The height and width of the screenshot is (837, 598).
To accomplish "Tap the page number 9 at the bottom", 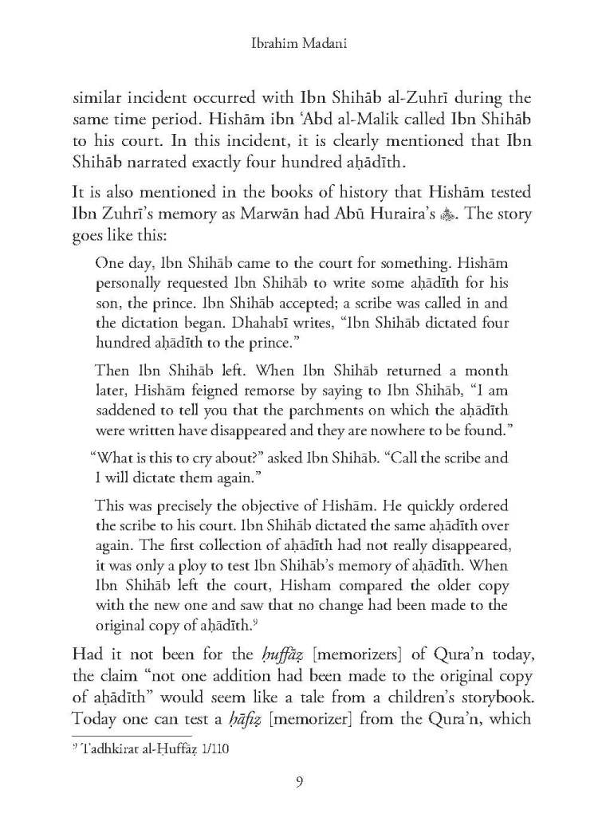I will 298,781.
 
